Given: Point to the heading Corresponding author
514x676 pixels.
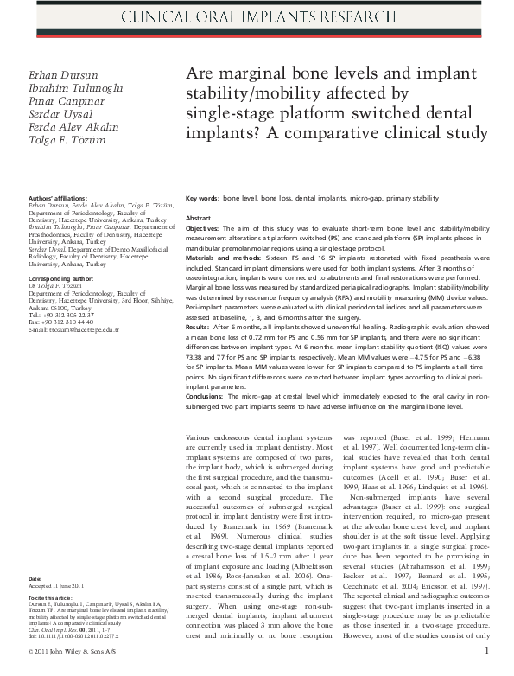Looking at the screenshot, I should pyautogui.click(x=58, y=281).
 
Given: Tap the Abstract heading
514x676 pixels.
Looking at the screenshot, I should pyautogui.click(x=199, y=219).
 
